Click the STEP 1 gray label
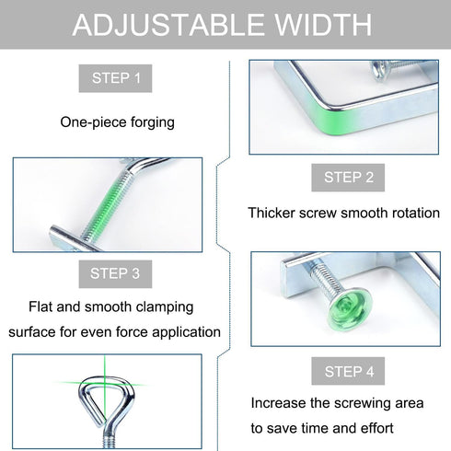(115, 78)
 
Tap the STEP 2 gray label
(348, 178)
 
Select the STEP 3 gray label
(115, 274)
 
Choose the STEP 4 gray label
(348, 371)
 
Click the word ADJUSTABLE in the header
(168, 25)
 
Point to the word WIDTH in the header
(323, 25)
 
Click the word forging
(153, 122)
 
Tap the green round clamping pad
(350, 308)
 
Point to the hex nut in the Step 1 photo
(380, 70)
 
